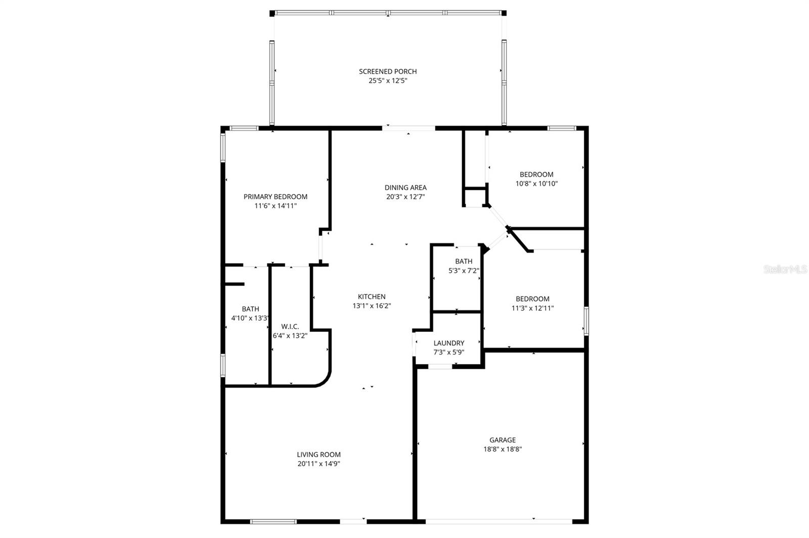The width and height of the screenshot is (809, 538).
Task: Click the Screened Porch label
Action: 388,71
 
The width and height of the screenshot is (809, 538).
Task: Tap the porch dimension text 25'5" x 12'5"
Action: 388,80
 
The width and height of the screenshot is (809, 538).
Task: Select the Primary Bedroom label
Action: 276,197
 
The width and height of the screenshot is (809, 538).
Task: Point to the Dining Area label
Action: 406,187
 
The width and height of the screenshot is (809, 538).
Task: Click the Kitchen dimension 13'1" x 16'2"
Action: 372,306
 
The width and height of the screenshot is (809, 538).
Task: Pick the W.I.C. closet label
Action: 290,326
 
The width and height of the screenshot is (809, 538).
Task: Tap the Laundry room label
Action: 448,343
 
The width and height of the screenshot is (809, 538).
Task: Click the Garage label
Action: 502,440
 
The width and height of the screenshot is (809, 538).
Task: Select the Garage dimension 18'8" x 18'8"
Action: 502,449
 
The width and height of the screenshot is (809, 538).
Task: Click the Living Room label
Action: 319,455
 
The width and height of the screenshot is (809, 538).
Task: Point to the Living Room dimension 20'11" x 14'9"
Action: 319,464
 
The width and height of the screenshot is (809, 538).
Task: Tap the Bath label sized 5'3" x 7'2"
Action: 464,261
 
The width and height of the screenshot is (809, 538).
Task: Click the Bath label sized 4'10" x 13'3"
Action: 250,309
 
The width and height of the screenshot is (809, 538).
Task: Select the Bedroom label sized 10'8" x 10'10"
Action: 536,174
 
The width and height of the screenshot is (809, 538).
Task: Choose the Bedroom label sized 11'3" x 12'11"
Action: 532,299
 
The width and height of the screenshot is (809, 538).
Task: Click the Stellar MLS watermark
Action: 785,270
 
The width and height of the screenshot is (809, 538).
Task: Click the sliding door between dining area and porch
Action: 409,128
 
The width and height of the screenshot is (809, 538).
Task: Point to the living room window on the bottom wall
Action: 274,521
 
